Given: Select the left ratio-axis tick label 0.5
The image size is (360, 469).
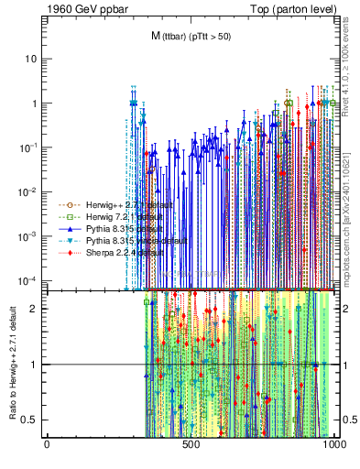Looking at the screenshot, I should tap(31, 420).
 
